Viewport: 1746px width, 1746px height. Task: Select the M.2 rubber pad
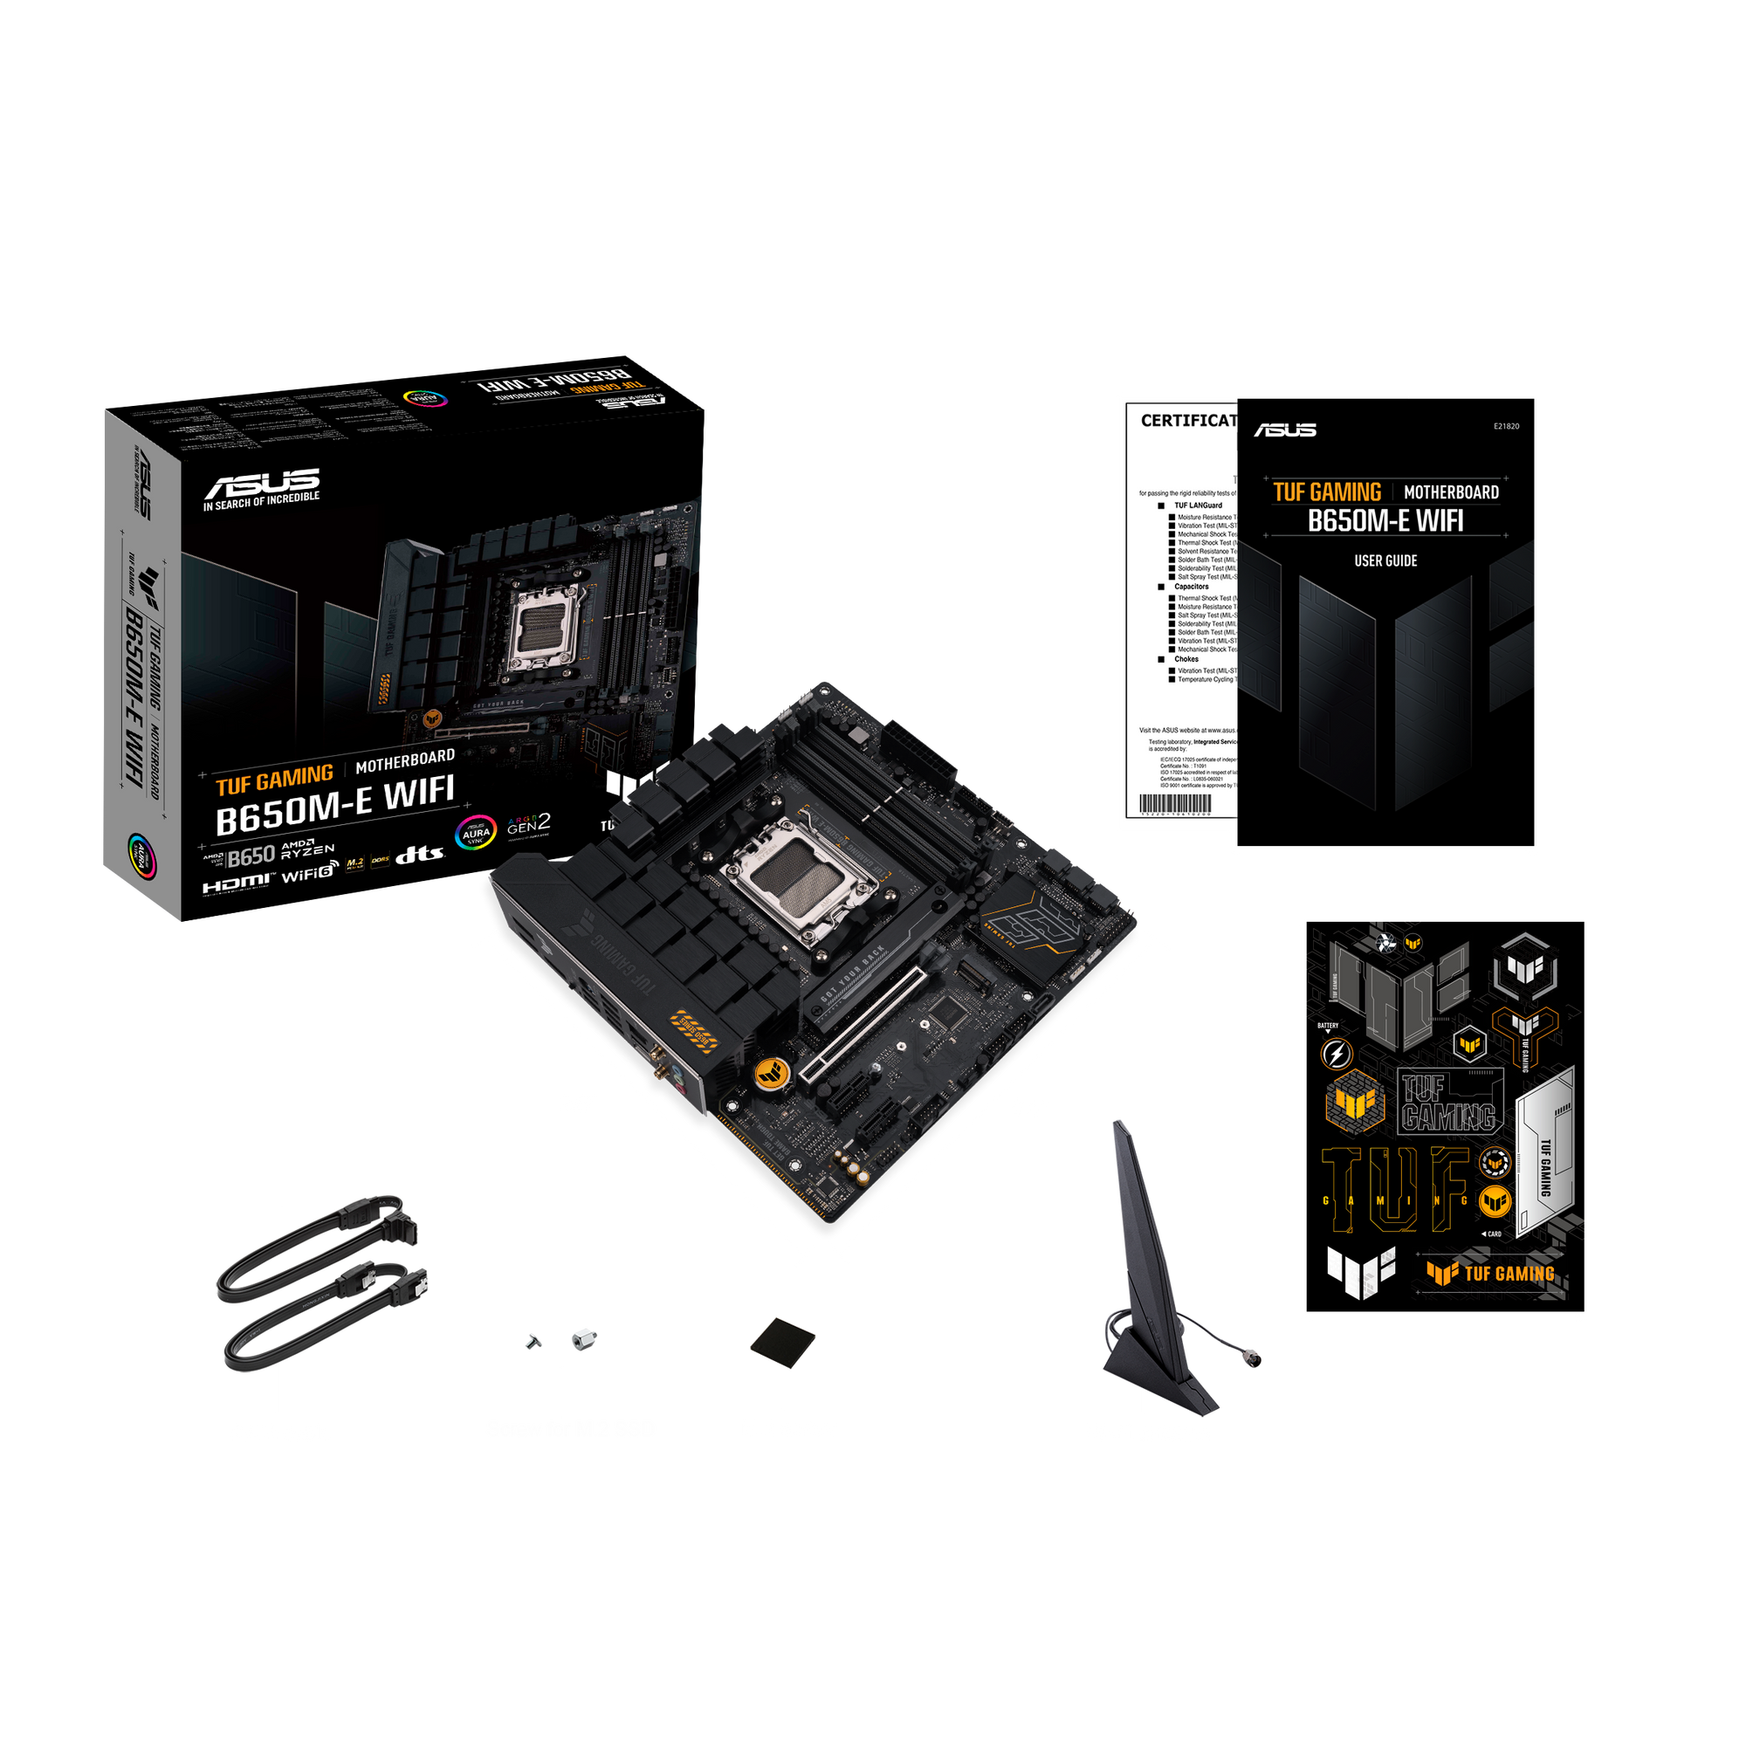tap(781, 1337)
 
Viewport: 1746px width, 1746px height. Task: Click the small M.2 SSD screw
tap(533, 1341)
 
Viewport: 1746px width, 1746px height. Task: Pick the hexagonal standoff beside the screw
tap(584, 1337)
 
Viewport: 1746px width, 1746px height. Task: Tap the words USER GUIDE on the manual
tap(1385, 561)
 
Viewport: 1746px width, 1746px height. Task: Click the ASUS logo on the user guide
tap(1285, 430)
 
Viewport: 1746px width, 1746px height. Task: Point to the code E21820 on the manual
tap(1507, 427)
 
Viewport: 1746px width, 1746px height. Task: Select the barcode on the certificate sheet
tap(1174, 804)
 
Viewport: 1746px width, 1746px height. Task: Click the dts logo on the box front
tap(420, 854)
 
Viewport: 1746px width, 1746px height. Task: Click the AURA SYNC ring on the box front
tap(476, 833)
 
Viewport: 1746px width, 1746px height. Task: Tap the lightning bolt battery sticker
tap(1337, 1053)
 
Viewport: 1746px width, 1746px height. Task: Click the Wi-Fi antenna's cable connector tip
tap(1254, 1358)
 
